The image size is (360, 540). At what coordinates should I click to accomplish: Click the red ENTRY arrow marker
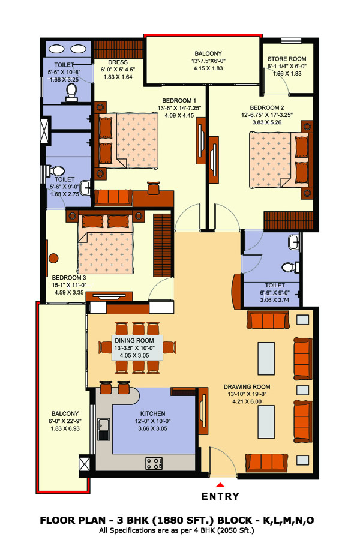tap(220, 485)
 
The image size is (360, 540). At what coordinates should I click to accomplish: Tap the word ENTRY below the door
tap(220, 496)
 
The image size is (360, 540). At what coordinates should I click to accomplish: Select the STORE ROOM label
tap(287, 59)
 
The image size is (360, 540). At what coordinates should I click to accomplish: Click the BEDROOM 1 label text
tap(179, 101)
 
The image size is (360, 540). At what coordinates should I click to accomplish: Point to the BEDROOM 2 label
tap(267, 107)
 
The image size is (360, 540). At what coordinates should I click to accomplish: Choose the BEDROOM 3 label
tap(69, 278)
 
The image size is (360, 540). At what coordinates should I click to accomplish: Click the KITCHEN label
tap(152, 413)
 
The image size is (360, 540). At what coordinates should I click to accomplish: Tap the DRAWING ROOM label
tap(247, 387)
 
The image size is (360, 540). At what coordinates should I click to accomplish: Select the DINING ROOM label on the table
tap(134, 341)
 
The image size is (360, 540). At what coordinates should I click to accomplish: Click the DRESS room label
tap(118, 62)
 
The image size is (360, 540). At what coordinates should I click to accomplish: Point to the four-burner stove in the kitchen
tap(154, 463)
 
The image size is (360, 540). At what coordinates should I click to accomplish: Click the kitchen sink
tap(103, 429)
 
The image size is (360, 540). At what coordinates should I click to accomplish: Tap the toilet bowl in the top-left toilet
tap(71, 92)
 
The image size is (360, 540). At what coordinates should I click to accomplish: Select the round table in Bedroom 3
tap(53, 258)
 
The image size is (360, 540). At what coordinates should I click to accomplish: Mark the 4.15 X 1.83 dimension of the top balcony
tap(208, 68)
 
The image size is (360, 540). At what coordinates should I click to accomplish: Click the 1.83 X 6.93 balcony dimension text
tap(65, 428)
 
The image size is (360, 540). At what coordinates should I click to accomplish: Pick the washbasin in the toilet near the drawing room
tap(294, 242)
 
